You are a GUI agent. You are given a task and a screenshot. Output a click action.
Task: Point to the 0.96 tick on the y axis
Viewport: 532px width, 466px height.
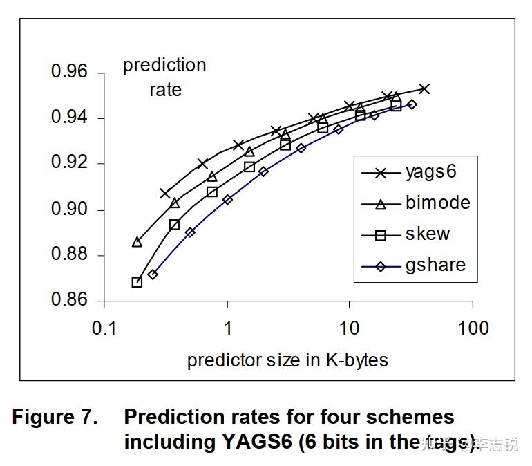(x=70, y=72)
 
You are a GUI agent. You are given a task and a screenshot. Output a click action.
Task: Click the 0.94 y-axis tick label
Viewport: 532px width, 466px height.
(x=70, y=118)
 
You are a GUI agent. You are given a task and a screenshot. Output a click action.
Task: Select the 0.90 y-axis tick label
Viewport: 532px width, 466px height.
(x=70, y=209)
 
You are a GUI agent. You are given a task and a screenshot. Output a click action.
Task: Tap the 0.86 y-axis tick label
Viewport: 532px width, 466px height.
(x=70, y=301)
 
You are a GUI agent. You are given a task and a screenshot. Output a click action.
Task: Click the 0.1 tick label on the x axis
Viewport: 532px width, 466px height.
(x=104, y=328)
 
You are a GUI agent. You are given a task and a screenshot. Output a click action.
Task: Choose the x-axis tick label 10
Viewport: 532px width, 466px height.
(x=350, y=328)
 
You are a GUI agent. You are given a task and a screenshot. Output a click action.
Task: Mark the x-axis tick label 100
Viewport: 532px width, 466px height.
(x=473, y=328)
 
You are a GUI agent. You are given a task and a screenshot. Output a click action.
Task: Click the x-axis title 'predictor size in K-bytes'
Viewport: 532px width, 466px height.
(x=287, y=360)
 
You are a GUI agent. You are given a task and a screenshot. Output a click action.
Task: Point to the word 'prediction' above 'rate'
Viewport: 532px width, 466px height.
(x=164, y=65)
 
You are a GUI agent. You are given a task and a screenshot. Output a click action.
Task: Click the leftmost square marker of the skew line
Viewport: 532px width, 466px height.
(x=137, y=282)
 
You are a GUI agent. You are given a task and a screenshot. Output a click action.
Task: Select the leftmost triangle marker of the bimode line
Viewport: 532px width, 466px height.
(x=137, y=242)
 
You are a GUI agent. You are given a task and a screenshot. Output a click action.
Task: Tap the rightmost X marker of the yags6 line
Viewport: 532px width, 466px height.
(x=424, y=88)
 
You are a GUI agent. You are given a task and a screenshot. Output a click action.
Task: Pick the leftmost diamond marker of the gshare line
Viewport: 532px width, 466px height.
(x=153, y=274)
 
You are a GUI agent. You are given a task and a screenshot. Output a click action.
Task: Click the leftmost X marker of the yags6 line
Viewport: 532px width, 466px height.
(x=165, y=193)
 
